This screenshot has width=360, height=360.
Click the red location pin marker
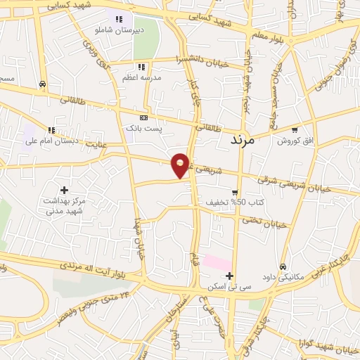point(181,165)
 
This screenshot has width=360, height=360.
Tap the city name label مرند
point(246,140)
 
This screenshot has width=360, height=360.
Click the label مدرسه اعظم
point(142,77)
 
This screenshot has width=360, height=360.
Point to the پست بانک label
point(143,129)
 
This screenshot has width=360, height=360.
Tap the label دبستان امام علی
point(50,141)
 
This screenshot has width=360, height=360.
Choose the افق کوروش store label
point(294,141)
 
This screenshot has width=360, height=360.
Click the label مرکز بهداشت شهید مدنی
point(65,206)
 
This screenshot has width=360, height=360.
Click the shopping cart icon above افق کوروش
point(294,130)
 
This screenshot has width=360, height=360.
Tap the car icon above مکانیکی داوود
point(282,267)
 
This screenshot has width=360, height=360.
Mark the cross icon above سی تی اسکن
point(229,276)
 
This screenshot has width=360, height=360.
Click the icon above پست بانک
point(143,118)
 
